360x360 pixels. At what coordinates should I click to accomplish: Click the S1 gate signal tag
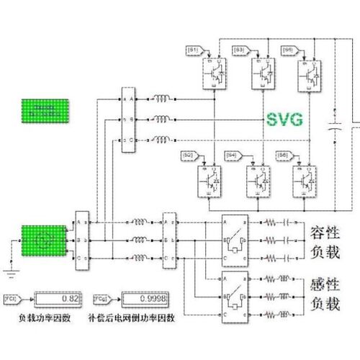pyautogui.click(x=193, y=49)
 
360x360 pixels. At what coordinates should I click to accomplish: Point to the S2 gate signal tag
pyautogui.click(x=187, y=155)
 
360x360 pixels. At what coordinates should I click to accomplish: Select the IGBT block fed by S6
pyautogui.click(x=305, y=178)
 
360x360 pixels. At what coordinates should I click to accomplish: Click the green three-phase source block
pyautogui.click(x=45, y=241)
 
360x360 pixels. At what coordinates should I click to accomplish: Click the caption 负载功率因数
pyautogui.click(x=45, y=316)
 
